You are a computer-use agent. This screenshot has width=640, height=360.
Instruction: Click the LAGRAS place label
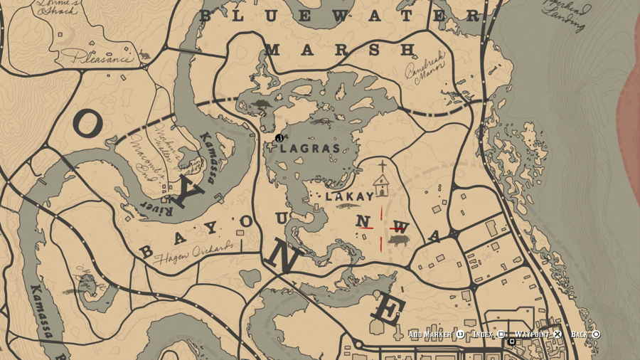tap(309, 149)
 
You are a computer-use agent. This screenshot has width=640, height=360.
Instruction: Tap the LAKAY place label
tap(349, 196)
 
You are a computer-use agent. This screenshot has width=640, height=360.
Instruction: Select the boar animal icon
tap(398, 241)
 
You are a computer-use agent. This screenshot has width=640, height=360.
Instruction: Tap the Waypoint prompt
tap(534, 334)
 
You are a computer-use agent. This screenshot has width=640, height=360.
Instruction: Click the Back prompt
tap(585, 334)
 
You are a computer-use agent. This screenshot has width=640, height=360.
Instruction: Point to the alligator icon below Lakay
tap(348, 206)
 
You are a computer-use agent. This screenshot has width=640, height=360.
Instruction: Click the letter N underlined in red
tap(365, 223)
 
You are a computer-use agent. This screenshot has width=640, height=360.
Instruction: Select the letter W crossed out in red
tap(401, 228)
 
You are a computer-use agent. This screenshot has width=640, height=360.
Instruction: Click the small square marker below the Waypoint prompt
tap(511, 343)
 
